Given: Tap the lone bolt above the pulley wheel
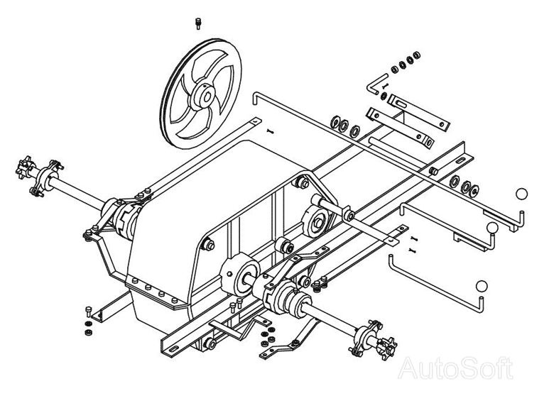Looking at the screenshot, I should pyautogui.click(x=198, y=23).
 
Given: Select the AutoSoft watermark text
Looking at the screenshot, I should pyautogui.click(x=455, y=368).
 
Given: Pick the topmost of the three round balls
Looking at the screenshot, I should pyautogui.click(x=523, y=193).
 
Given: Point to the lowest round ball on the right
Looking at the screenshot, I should pyautogui.click(x=482, y=286).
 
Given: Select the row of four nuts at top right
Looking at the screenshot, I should pyautogui.click(x=404, y=64).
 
